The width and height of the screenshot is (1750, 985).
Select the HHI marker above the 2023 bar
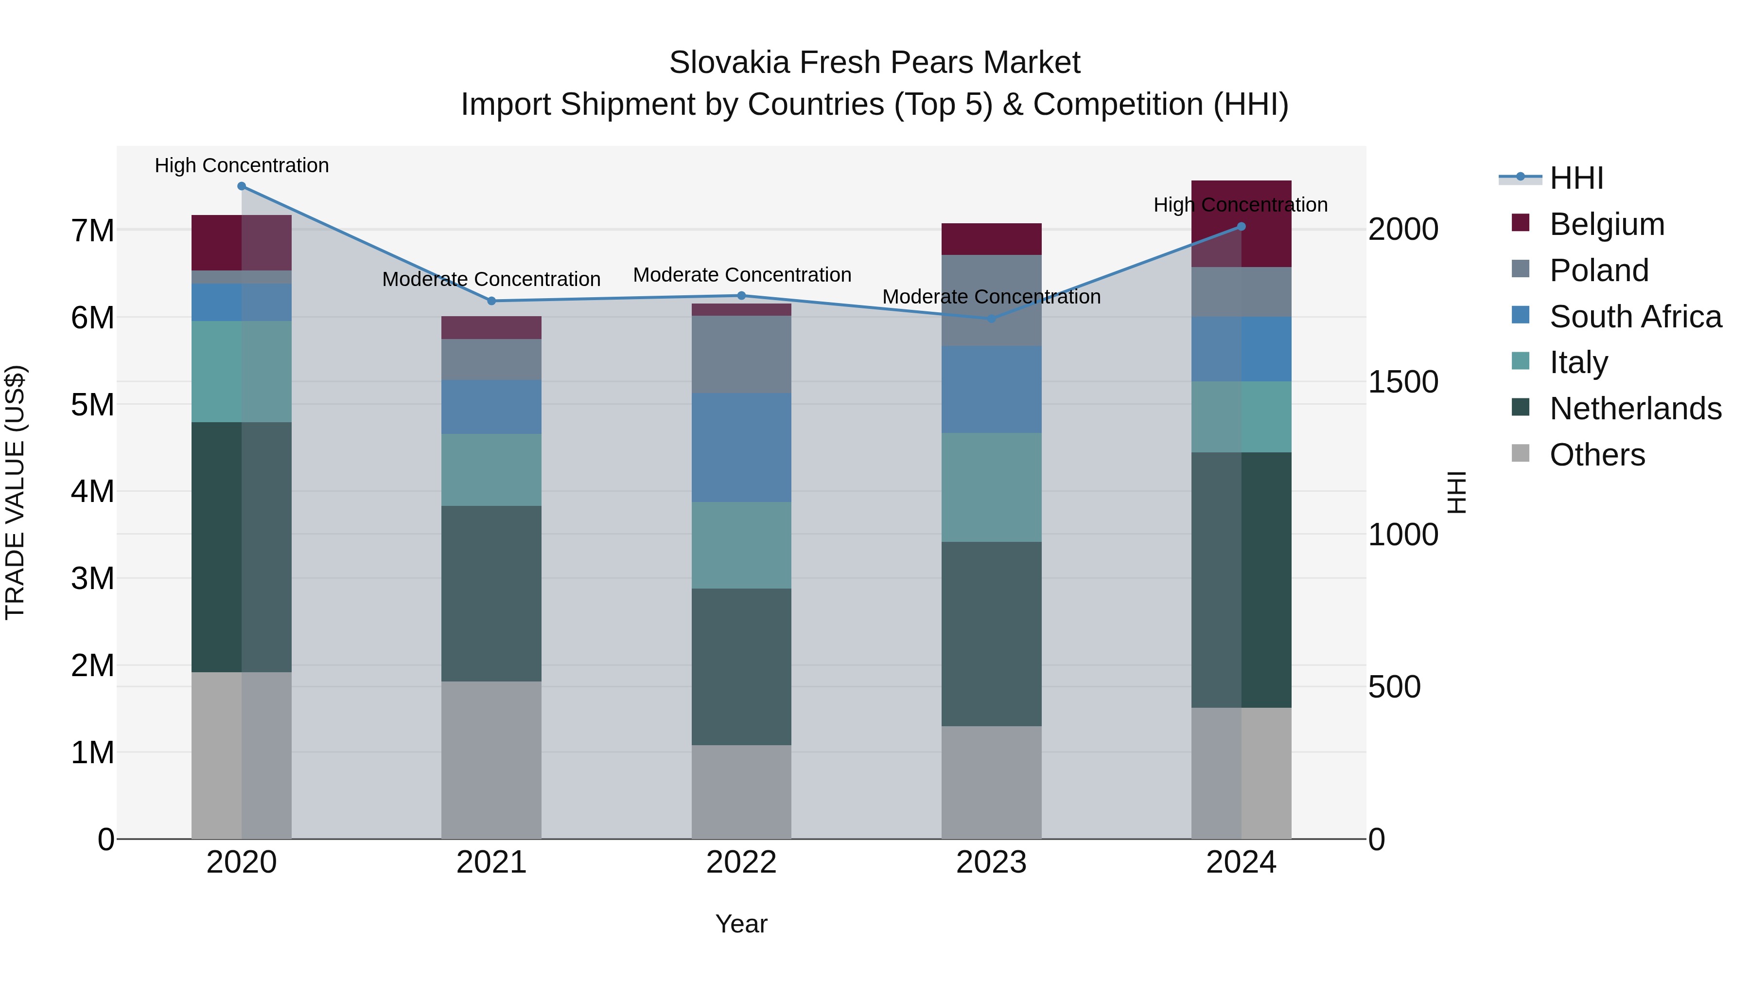[x=991, y=318]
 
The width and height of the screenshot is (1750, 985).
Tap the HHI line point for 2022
[x=741, y=296]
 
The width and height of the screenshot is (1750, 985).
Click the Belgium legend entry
[x=1607, y=224]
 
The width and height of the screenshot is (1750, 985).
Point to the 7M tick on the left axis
[x=92, y=231]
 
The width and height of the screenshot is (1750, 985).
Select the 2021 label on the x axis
[x=491, y=862]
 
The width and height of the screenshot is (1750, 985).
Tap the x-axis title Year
[x=741, y=924]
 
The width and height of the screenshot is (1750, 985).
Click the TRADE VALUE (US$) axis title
[x=15, y=492]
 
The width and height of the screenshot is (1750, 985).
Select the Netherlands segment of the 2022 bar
[x=741, y=666]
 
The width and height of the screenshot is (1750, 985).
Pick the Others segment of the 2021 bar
[x=491, y=760]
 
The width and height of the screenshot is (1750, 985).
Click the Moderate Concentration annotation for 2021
[x=491, y=279]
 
